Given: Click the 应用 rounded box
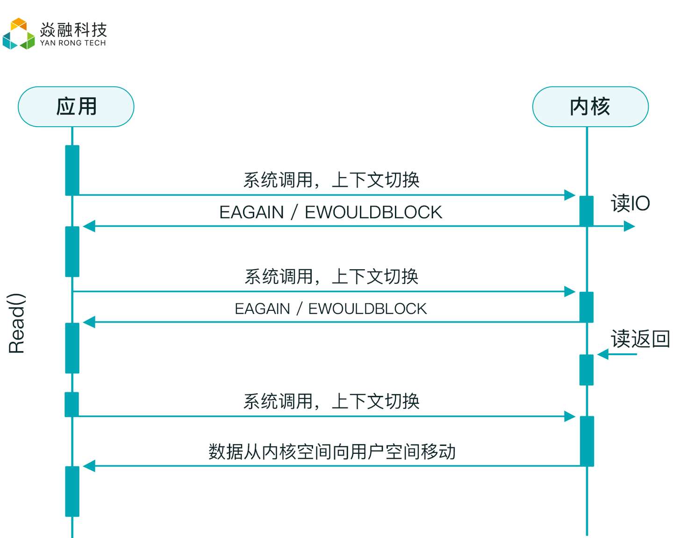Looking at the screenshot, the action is click(76, 107).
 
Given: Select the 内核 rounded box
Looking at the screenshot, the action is click(590, 107).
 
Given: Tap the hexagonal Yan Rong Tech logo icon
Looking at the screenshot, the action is click(18, 34).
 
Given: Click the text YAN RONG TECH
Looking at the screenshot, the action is click(73, 43).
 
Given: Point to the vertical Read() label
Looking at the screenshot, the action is click(16, 323).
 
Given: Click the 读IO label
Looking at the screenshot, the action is click(630, 203).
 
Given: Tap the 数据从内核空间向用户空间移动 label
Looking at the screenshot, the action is click(332, 452).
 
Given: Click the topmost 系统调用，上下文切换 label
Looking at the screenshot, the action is click(331, 180).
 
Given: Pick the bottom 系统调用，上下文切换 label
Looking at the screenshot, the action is click(331, 402).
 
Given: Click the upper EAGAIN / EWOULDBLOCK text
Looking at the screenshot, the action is click(331, 212).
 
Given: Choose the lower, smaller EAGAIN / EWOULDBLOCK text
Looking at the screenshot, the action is click(330, 308).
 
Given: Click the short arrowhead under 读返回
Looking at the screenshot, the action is click(602, 354).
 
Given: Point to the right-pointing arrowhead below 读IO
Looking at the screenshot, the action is click(629, 226).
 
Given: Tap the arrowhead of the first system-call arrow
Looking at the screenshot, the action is click(570, 195).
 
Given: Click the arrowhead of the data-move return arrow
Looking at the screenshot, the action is click(89, 466).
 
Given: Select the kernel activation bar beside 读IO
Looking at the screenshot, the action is click(587, 211).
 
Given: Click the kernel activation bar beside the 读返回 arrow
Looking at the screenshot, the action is click(587, 370).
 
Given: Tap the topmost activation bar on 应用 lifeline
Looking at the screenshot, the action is click(72, 171).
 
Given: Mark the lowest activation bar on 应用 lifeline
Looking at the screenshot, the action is click(72, 491).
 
